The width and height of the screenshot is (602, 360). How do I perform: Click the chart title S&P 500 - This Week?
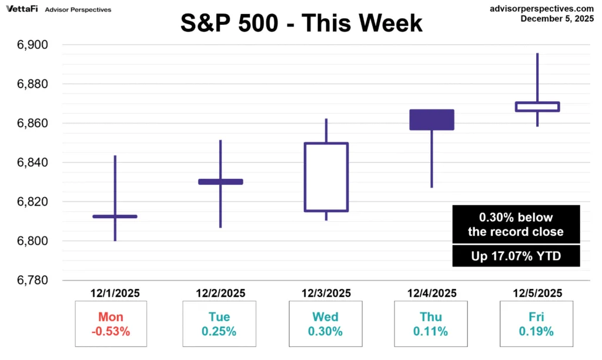301,23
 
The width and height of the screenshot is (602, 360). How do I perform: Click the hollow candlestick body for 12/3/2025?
326,177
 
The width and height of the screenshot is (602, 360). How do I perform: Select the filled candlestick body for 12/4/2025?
432,119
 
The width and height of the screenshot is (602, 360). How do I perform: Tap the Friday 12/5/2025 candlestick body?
537,106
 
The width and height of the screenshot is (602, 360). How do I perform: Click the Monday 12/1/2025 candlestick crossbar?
115,216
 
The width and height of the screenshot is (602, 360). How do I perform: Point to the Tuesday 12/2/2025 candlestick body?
220,182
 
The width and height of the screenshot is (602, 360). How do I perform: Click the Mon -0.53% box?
111,324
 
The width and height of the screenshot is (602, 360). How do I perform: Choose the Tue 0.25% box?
219,324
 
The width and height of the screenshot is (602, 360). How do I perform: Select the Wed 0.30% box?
325,324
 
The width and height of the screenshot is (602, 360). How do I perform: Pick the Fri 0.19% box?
536,324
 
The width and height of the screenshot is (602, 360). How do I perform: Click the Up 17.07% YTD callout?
516,256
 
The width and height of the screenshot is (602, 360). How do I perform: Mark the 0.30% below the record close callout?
516,224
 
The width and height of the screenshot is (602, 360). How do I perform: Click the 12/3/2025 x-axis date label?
326,293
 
